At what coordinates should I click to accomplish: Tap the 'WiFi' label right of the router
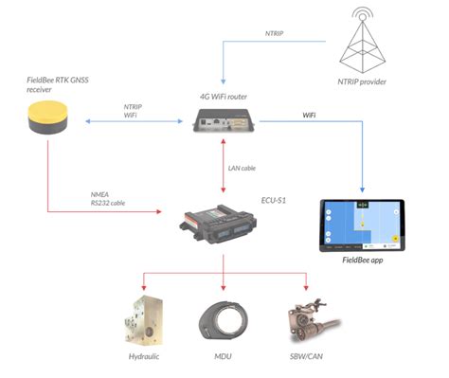(309, 116)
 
